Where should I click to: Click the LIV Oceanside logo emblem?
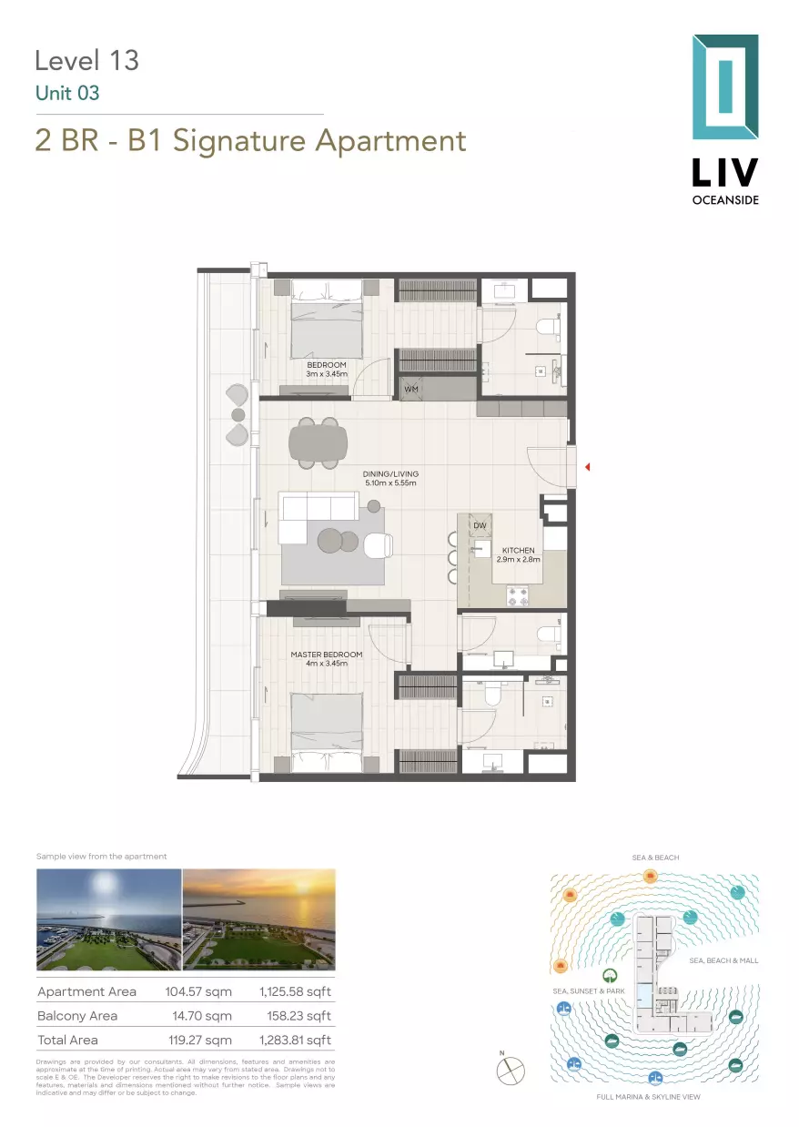[x=724, y=87]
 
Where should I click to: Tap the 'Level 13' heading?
[x=86, y=60]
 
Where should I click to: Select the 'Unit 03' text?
[x=66, y=93]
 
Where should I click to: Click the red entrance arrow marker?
[x=588, y=467]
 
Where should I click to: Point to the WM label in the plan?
[x=411, y=389]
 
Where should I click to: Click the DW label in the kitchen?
[x=480, y=526]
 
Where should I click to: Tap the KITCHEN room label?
[x=519, y=551]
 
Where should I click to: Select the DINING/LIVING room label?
[x=389, y=474]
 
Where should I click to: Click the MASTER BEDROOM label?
[x=326, y=655]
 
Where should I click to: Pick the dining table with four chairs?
[x=318, y=443]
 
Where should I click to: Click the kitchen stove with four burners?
[x=518, y=595]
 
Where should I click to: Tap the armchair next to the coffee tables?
[x=378, y=544]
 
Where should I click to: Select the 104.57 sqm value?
[x=198, y=991]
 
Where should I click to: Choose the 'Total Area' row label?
[x=67, y=1040]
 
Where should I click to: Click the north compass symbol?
[x=510, y=1071]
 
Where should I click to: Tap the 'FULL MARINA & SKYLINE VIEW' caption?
[x=648, y=1097]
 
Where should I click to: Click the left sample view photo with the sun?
[x=108, y=919]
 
